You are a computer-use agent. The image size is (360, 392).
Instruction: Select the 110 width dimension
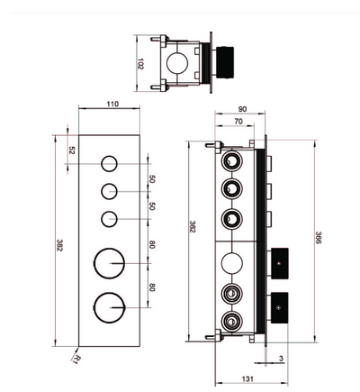[112, 105]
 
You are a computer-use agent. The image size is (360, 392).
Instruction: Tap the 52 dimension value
[71, 150]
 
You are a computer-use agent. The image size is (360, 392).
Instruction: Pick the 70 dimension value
[238, 122]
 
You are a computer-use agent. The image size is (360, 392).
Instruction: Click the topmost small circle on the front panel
[110, 164]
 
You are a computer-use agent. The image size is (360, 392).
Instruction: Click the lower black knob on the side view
[283, 306]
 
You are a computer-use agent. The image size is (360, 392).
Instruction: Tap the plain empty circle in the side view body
[229, 263]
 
